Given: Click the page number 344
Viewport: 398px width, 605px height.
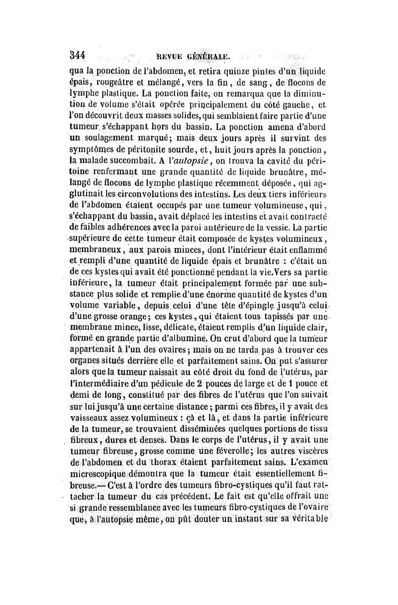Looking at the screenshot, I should pyautogui.click(x=80, y=55).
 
